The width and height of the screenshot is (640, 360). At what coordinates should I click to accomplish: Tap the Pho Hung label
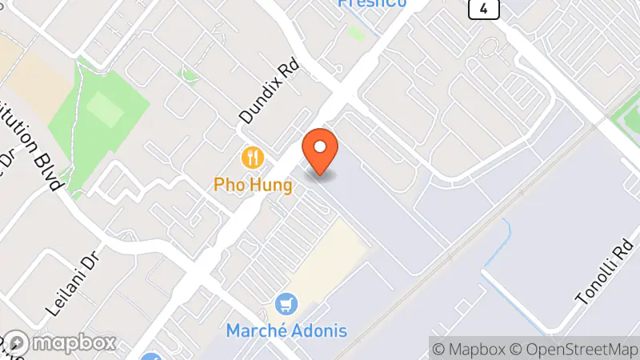click(x=253, y=185)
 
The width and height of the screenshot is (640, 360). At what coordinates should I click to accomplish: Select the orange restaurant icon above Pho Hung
click(x=253, y=156)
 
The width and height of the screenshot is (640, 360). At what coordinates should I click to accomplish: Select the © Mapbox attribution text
click(x=470, y=349)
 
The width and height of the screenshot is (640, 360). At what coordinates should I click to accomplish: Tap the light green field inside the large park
click(x=105, y=107)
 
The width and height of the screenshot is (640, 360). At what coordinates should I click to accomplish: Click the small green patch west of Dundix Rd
click(x=190, y=77)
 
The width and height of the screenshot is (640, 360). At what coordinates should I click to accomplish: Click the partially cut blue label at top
click(x=372, y=3)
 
